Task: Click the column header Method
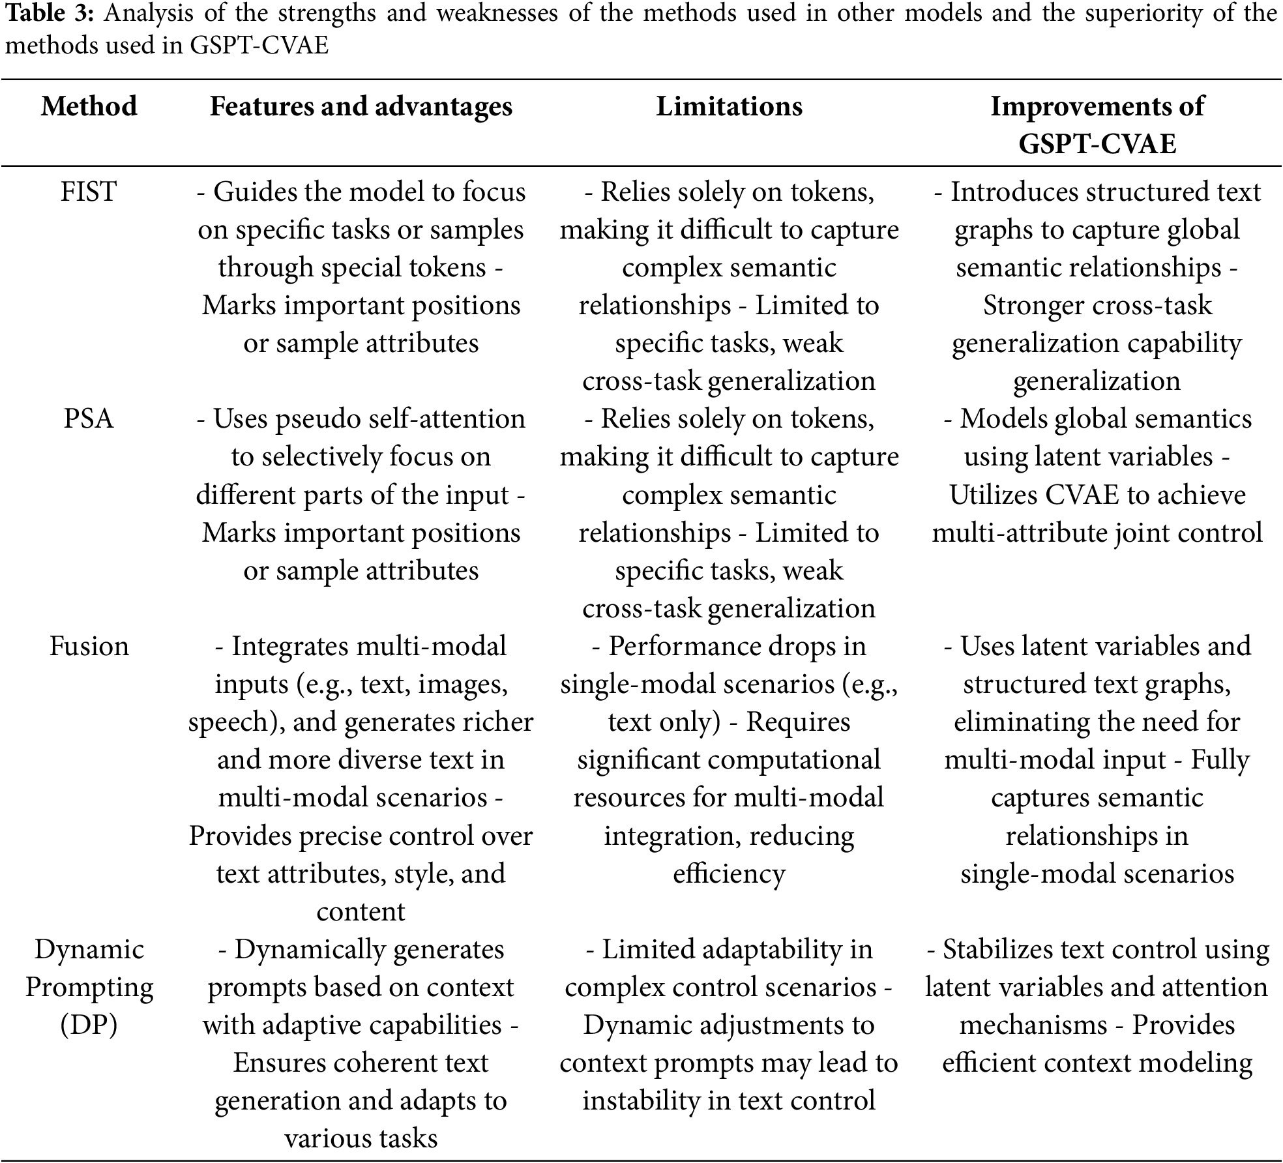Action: coord(89,106)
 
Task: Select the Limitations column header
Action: coord(729,106)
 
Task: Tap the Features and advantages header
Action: coord(361,106)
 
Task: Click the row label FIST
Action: coord(89,192)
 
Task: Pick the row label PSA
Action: coord(89,419)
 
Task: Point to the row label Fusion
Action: coord(89,646)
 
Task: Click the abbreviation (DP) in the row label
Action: coord(89,1025)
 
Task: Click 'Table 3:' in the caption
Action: coord(50,13)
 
